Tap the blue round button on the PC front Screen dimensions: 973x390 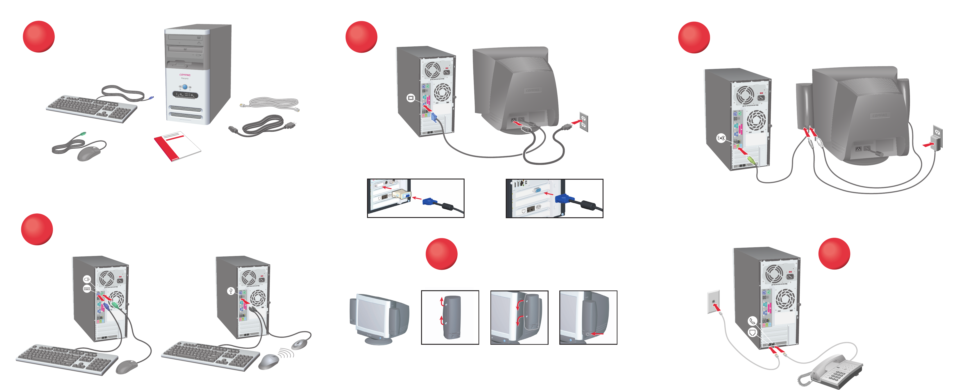[185, 87]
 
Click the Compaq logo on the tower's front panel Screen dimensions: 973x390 [185, 75]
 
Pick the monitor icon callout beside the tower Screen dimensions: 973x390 [411, 98]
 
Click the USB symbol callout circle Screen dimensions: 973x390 [231, 291]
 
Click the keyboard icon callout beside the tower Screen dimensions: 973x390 [87, 289]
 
